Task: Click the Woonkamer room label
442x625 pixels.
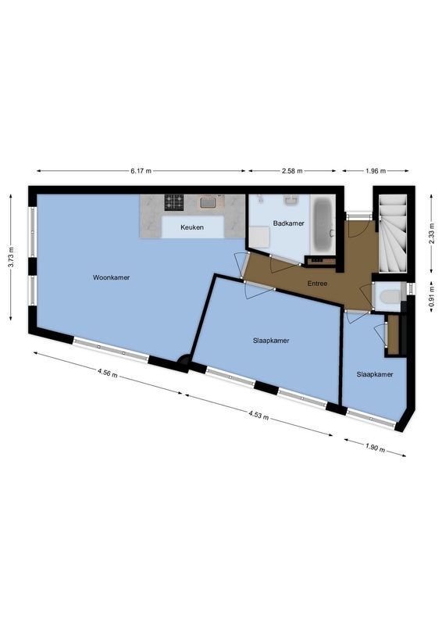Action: (x=111, y=277)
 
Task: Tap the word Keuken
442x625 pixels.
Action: (x=192, y=227)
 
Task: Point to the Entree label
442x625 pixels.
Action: (x=317, y=284)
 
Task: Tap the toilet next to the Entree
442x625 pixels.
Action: (x=388, y=295)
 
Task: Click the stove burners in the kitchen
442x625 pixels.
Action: (x=173, y=203)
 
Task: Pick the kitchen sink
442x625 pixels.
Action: (x=209, y=203)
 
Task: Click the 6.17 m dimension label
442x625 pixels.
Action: (x=141, y=170)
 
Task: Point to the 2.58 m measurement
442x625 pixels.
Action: (x=293, y=170)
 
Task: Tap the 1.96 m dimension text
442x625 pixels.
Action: (x=376, y=170)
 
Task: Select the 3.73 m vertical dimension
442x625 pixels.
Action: (x=11, y=257)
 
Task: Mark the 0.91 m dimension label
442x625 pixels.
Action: (x=432, y=298)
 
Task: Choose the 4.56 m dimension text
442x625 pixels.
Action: (x=109, y=373)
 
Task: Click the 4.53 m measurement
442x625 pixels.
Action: (x=258, y=414)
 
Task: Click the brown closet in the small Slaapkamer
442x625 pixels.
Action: (x=393, y=331)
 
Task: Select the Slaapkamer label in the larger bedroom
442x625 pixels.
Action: (x=271, y=340)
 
